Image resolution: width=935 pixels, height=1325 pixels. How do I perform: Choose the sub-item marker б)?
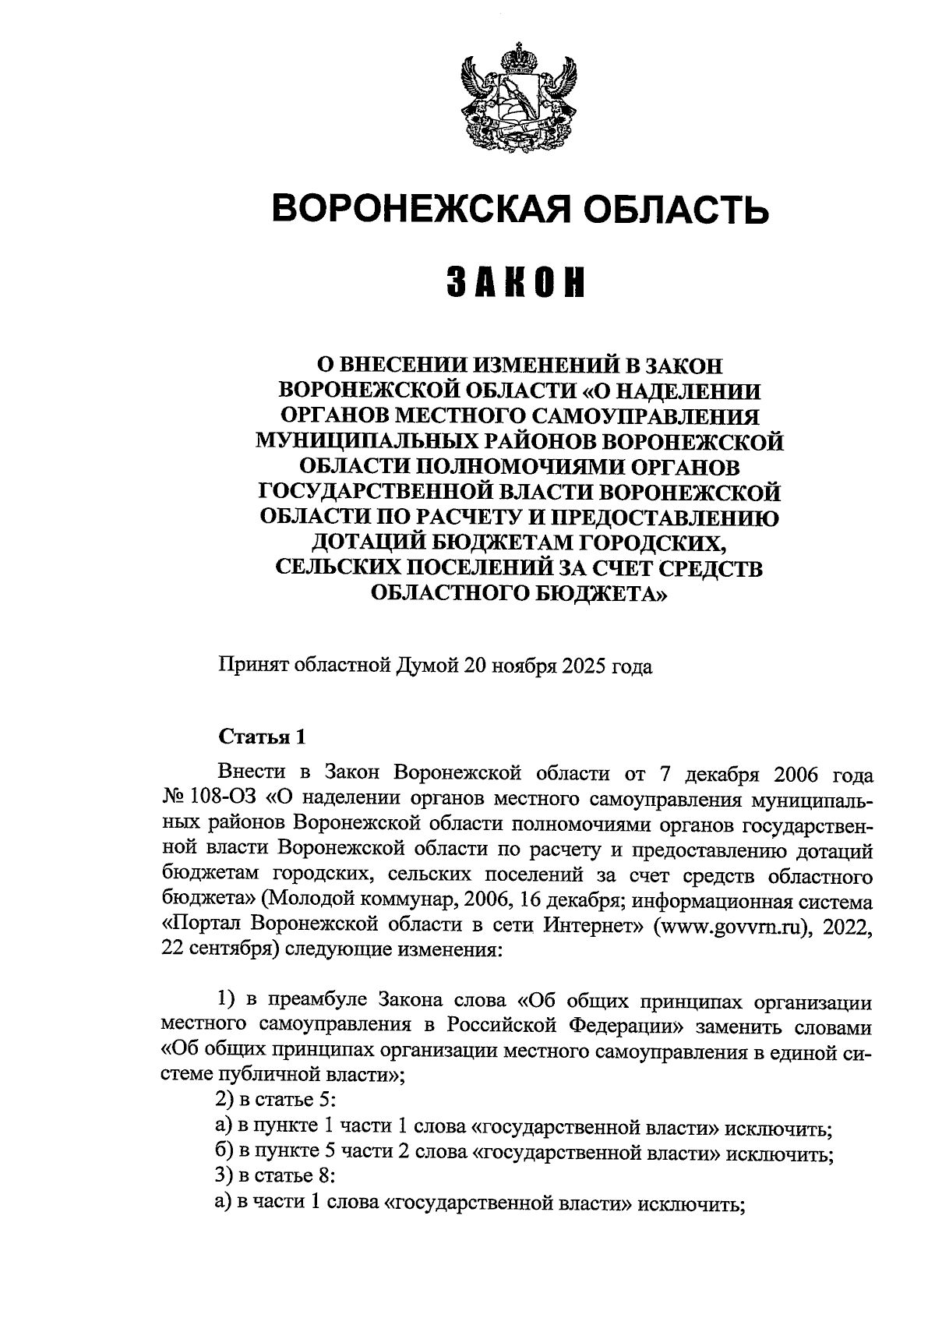point(225,1153)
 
